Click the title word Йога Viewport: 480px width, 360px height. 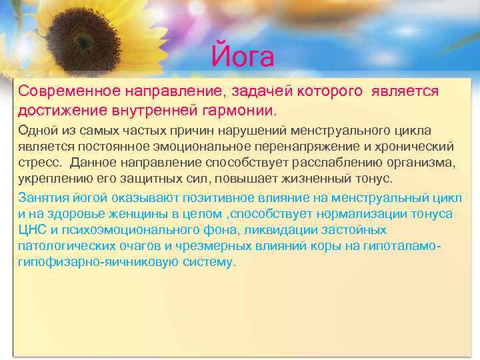point(242,57)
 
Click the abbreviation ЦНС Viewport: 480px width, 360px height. point(32,231)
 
